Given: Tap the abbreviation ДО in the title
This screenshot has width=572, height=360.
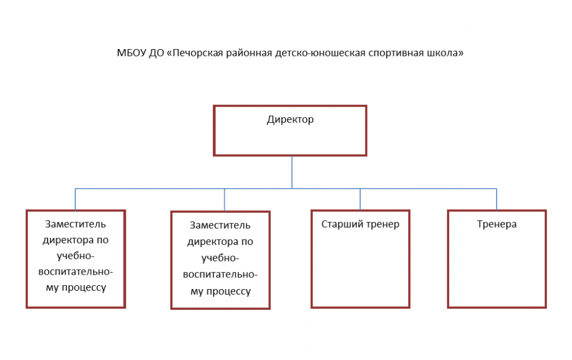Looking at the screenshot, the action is click(x=156, y=53).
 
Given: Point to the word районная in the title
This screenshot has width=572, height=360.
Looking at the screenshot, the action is click(x=249, y=53).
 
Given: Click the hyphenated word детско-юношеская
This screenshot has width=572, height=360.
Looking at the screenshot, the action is click(x=320, y=53).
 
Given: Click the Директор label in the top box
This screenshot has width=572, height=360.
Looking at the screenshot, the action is click(x=290, y=119).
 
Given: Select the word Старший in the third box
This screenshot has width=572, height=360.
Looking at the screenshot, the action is click(x=337, y=224).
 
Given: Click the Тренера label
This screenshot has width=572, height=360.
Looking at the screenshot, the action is click(x=497, y=224).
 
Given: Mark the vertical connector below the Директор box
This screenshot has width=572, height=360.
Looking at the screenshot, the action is click(x=292, y=172).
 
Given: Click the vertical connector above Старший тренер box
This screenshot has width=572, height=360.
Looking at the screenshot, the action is click(x=360, y=199).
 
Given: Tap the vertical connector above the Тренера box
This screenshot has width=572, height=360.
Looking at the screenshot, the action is click(x=497, y=199).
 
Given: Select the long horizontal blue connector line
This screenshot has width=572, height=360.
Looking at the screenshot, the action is click(x=286, y=189).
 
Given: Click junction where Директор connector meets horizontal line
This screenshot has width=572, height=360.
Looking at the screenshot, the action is click(x=292, y=189).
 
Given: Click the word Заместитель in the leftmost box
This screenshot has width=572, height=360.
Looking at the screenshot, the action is click(x=75, y=224).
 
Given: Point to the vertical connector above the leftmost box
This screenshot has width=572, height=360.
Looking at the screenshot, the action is click(x=75, y=199).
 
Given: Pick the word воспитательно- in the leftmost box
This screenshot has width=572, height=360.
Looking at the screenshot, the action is click(x=76, y=272).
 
